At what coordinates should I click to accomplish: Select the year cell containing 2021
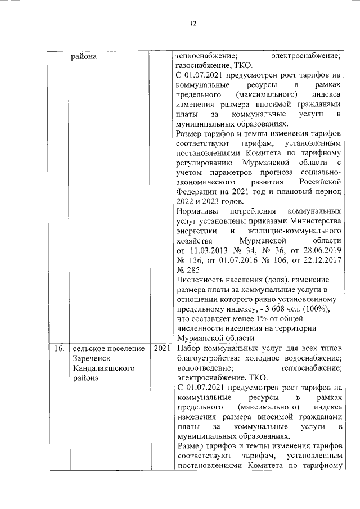coord(161,349)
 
